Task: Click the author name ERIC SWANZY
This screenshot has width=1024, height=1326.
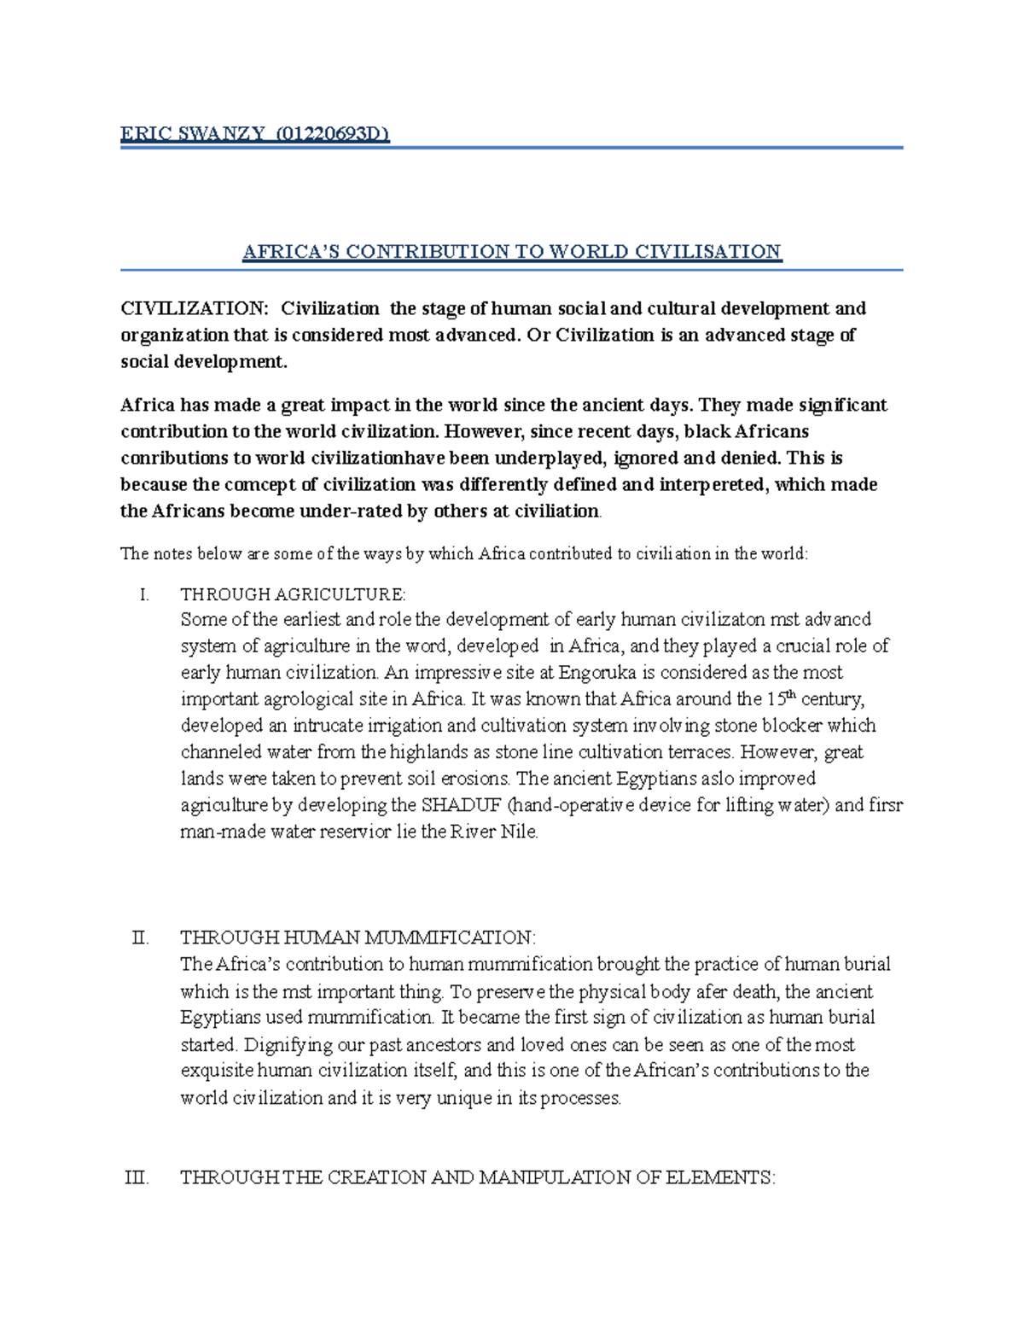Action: [190, 134]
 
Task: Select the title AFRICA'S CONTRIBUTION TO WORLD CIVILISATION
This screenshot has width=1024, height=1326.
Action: [512, 252]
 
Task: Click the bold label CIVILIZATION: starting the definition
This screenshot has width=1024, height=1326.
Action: [194, 308]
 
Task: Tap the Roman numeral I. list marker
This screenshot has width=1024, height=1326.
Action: [143, 594]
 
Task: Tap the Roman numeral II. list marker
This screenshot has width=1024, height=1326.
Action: [141, 938]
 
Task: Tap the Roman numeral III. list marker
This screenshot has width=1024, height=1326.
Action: [137, 1177]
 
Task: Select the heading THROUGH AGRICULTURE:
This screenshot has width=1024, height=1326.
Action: [294, 594]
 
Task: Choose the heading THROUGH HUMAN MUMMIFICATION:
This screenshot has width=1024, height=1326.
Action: [358, 938]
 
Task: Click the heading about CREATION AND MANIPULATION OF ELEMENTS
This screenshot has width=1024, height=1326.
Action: [478, 1177]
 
